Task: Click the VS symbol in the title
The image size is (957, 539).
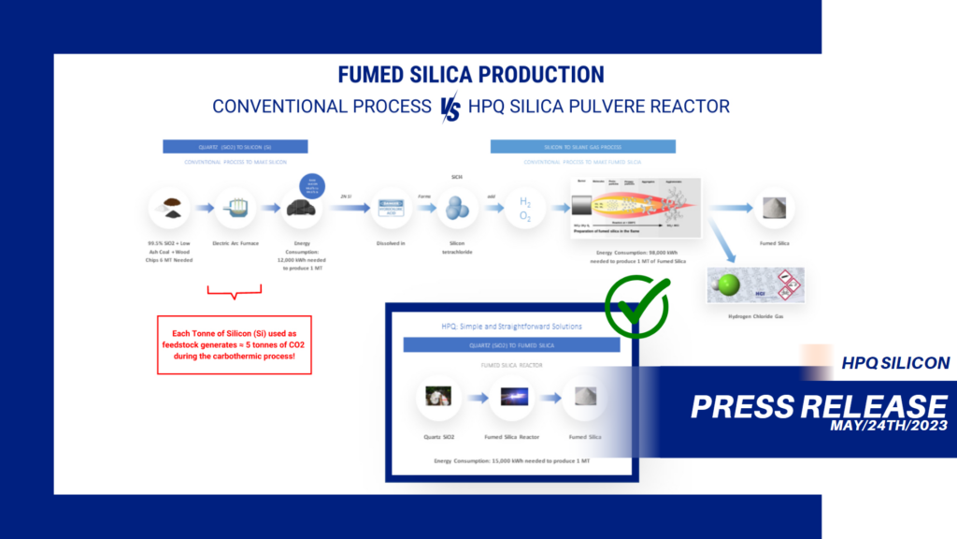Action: click(451, 109)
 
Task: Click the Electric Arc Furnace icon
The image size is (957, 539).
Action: click(236, 209)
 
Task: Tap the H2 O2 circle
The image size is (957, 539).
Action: click(525, 209)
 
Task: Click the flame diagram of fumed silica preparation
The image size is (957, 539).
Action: click(636, 208)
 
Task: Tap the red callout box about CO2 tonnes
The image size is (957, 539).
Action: click(234, 344)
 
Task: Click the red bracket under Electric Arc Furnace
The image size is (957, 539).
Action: click(235, 294)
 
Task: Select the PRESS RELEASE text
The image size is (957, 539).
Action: click(819, 404)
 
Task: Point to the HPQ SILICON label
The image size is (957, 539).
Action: click(895, 363)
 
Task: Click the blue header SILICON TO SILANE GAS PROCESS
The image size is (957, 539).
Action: click(582, 147)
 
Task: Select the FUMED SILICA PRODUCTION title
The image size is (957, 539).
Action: click(471, 75)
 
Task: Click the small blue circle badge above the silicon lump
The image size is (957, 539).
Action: click(310, 184)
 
